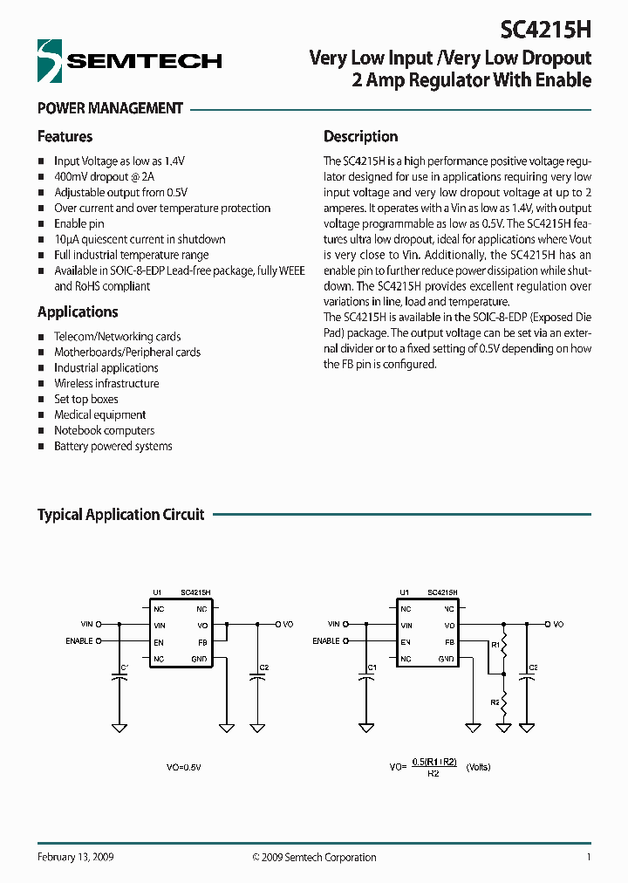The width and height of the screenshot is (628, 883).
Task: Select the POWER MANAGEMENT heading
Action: [x=110, y=109]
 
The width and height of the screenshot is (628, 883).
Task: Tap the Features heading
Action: [x=65, y=137]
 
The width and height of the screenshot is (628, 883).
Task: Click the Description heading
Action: [x=360, y=137]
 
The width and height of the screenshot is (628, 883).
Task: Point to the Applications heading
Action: [x=78, y=312]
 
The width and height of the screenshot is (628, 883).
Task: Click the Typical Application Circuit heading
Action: [x=120, y=515]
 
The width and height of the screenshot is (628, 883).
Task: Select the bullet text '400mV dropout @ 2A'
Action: [x=102, y=176]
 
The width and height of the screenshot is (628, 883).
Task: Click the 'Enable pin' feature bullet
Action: [x=78, y=223]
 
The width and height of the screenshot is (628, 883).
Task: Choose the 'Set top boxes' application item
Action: [x=86, y=399]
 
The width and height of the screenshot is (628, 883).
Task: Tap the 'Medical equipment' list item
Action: [x=99, y=414]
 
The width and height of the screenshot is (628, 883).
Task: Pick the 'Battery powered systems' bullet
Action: [x=113, y=446]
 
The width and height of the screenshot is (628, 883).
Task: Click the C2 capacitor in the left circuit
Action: [x=257, y=674]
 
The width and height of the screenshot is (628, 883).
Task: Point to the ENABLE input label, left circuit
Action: [x=79, y=640]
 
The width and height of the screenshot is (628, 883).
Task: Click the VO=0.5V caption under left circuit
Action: [x=183, y=767]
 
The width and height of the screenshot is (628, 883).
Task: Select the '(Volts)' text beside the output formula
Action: [x=478, y=767]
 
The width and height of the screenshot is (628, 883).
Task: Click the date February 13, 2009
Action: [x=75, y=857]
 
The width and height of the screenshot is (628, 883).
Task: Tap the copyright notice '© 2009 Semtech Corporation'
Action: [x=314, y=857]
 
